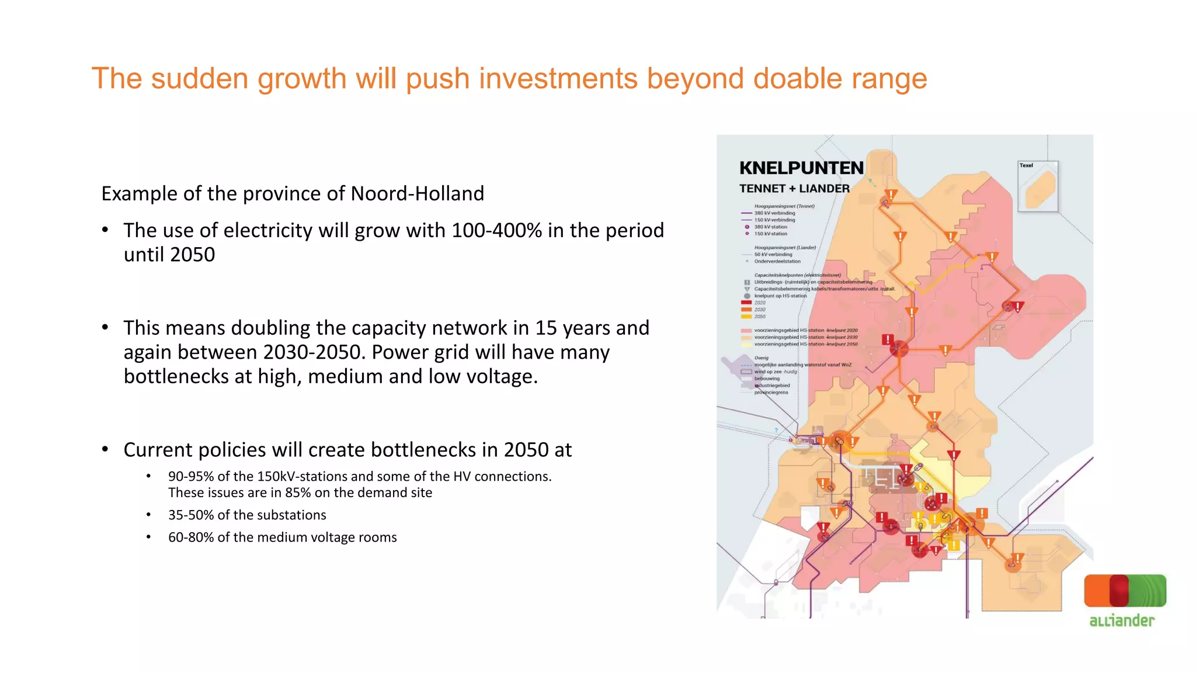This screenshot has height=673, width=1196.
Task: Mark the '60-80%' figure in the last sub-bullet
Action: (x=190, y=537)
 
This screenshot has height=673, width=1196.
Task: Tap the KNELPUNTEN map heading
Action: (x=801, y=168)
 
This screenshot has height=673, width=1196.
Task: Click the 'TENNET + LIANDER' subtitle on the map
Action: (x=794, y=189)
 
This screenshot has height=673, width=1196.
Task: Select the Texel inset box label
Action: (x=1026, y=165)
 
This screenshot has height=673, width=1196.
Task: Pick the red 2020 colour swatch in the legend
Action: (x=746, y=303)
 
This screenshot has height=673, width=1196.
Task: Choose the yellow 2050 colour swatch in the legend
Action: (x=746, y=317)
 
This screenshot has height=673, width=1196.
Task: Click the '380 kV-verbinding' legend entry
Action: (x=774, y=213)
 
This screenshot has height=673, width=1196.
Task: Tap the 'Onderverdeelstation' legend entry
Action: (x=777, y=261)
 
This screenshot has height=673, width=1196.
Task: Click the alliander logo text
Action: (x=1121, y=620)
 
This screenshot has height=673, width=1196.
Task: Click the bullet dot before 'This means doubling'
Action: (x=105, y=328)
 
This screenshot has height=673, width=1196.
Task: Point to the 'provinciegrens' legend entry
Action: (x=771, y=393)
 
